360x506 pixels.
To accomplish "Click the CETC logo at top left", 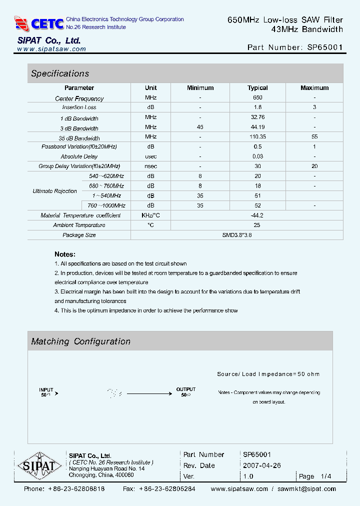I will (x=39, y=23).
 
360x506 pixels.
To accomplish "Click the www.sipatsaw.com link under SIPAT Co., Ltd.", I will (x=51, y=49).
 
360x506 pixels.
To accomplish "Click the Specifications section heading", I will (x=60, y=73).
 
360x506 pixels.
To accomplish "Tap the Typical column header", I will (x=257, y=88).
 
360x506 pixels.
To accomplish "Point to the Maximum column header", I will (x=314, y=88).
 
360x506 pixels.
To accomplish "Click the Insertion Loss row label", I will (x=79, y=107).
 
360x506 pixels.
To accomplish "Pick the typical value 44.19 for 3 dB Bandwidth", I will (x=257, y=127).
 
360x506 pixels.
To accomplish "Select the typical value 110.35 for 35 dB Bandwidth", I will (x=257, y=137).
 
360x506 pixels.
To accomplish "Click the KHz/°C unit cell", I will (x=150, y=215).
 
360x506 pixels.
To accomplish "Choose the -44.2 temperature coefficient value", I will (x=257, y=215).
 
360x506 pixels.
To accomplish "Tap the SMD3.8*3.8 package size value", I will (x=237, y=235).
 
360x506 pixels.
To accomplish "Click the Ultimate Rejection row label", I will (x=55, y=191).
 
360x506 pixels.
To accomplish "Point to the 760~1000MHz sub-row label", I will (x=106, y=205).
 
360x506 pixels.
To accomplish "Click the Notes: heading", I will (x=65, y=254).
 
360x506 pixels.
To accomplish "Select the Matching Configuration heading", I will (x=80, y=341).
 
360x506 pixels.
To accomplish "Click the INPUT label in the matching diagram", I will (x=46, y=389).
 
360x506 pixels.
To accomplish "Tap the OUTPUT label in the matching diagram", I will (x=186, y=389).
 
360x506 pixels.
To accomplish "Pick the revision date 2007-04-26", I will (x=262, y=465).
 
